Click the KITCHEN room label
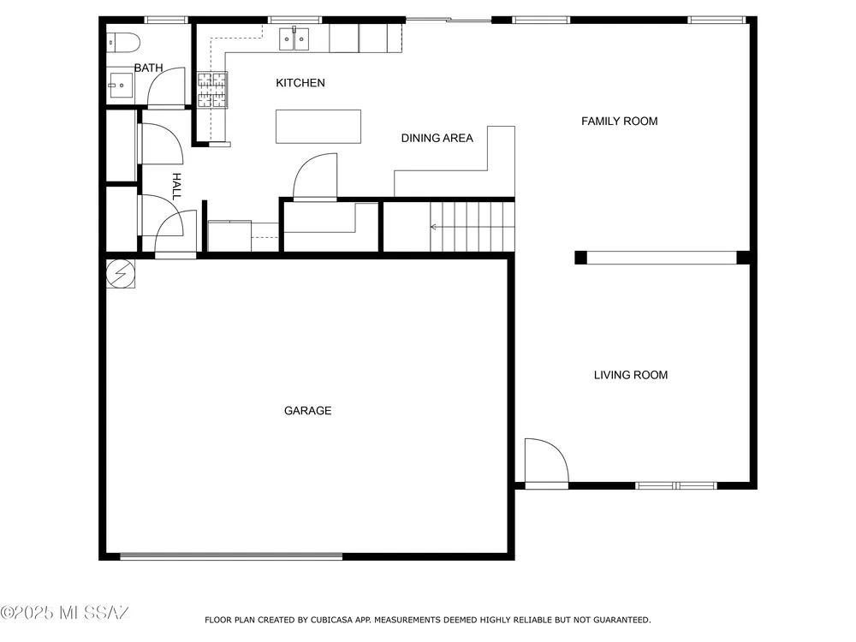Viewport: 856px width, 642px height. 300,83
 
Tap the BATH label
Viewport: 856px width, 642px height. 148,68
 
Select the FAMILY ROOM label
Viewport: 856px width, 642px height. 619,122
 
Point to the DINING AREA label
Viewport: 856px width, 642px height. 437,138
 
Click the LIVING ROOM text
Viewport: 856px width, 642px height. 631,375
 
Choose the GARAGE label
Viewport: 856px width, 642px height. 307,411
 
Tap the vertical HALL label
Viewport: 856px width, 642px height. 176,187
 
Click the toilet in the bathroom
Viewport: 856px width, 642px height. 122,43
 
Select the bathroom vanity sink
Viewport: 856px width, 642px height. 120,85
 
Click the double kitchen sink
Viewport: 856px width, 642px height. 294,39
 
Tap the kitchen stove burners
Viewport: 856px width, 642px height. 211,90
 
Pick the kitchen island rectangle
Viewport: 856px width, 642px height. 318,127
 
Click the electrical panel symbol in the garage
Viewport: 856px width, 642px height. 120,273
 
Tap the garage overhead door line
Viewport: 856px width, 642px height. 231,556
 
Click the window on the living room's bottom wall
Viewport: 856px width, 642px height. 676,485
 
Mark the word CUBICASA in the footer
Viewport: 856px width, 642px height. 332,620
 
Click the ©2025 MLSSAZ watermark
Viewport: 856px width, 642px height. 64,613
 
